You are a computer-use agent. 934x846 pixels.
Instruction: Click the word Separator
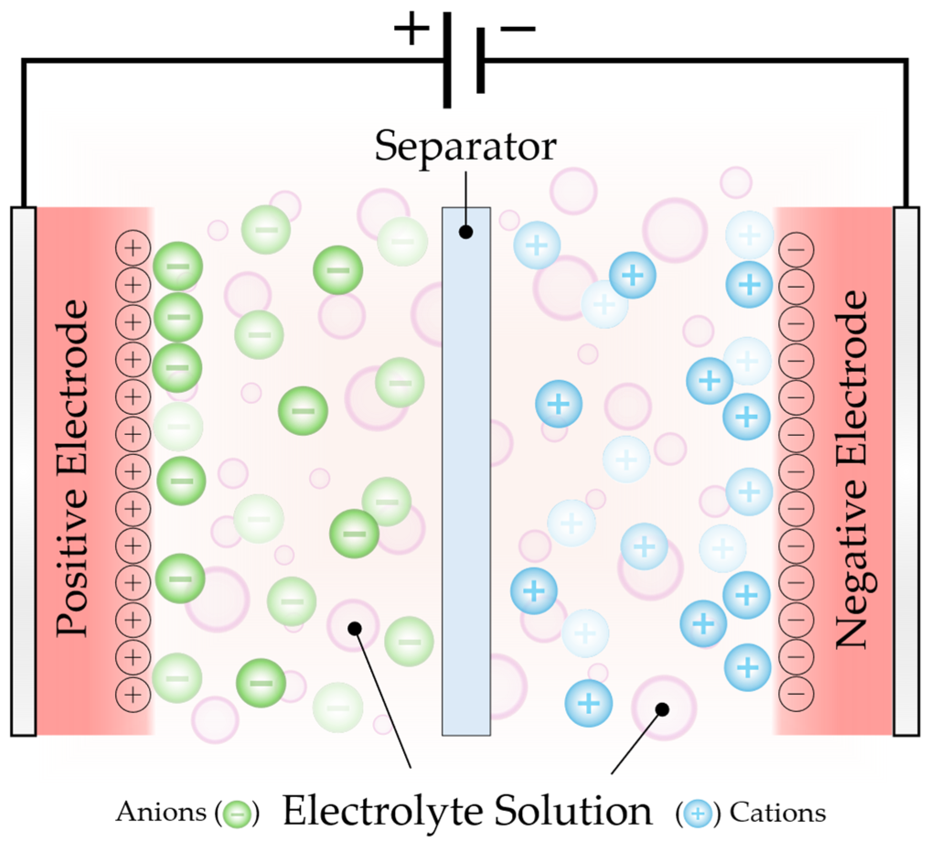point(465,146)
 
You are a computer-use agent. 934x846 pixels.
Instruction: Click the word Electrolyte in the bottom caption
point(383,811)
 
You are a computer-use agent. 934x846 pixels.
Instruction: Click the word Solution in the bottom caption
point(574,811)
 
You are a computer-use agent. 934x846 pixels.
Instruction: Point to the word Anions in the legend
point(161,813)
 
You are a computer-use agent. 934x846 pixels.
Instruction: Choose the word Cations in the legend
point(778,813)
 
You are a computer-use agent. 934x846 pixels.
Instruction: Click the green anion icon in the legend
point(237,814)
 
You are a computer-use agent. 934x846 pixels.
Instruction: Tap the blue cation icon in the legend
point(698,814)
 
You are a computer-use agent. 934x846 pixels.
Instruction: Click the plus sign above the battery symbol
point(411,28)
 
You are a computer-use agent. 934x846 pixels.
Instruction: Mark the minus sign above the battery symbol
point(518,29)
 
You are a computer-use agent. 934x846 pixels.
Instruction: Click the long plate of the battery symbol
point(447,60)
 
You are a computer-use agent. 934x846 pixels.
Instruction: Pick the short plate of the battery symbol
point(481,60)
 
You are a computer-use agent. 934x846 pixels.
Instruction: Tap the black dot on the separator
point(466,232)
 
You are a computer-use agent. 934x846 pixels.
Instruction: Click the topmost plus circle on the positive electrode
point(133,248)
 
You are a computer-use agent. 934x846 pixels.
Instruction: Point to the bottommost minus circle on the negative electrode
point(796,693)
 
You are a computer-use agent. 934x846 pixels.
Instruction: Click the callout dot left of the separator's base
point(355,629)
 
